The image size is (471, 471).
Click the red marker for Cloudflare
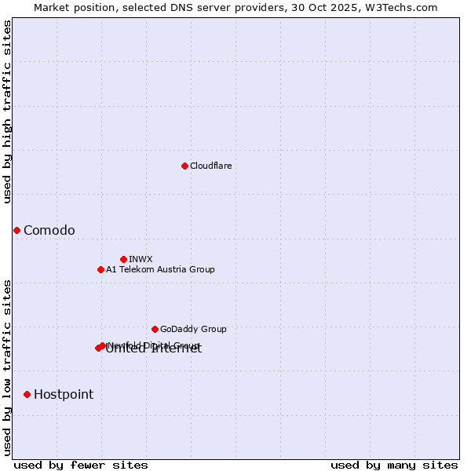(x=184, y=166)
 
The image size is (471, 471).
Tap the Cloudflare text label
(x=210, y=166)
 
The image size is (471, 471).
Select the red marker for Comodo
(x=16, y=230)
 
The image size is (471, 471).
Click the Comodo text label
(x=49, y=230)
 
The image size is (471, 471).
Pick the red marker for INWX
(x=123, y=259)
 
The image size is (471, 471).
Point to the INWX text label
(x=141, y=259)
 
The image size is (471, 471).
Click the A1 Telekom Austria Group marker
(x=100, y=269)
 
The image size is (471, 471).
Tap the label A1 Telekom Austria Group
(x=160, y=269)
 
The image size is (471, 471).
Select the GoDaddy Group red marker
(x=155, y=329)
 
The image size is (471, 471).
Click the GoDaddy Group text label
(x=193, y=329)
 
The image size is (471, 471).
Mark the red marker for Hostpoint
(x=27, y=394)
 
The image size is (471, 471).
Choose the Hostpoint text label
(x=64, y=394)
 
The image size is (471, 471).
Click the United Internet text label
(x=154, y=350)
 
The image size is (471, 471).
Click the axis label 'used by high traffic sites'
(x=8, y=111)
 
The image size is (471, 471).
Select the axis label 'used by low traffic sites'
(x=8, y=367)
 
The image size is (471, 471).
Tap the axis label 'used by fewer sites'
(x=81, y=465)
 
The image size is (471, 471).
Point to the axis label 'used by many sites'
(x=394, y=465)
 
